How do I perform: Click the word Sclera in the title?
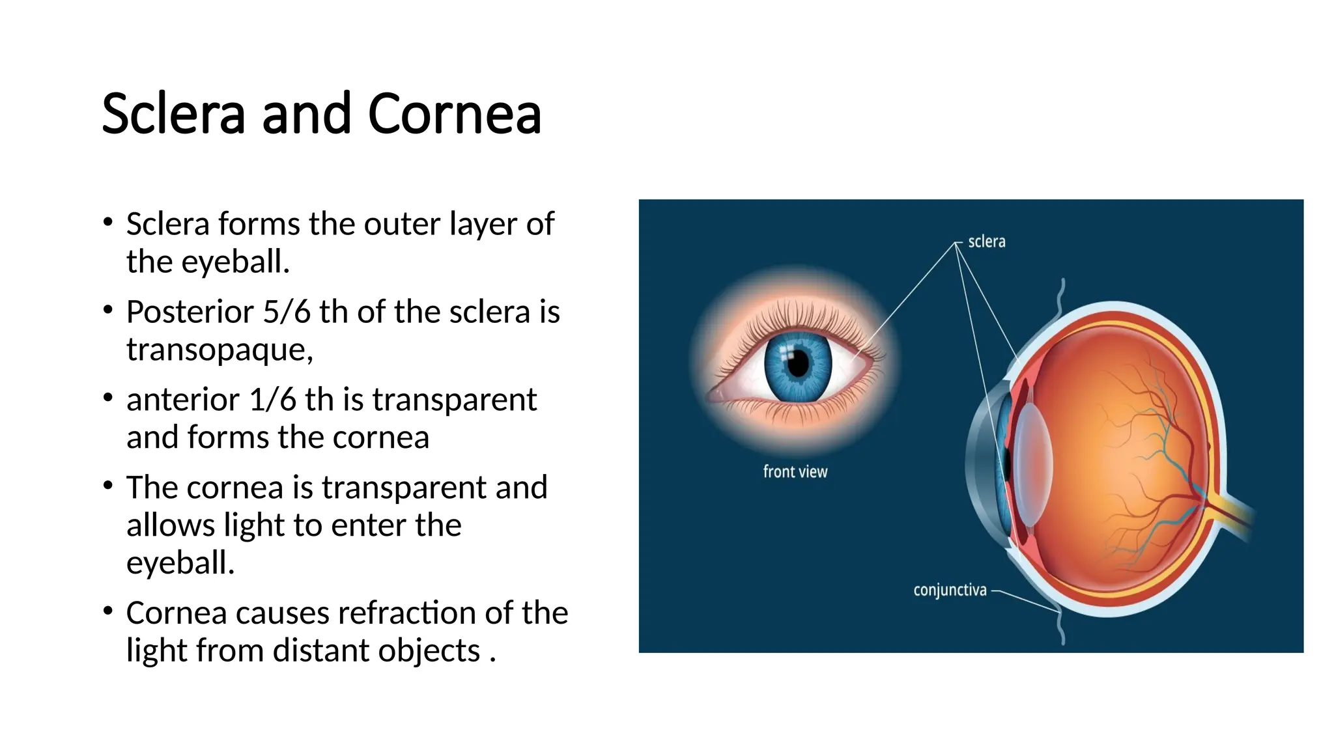pos(173,114)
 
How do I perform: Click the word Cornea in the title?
pos(454,114)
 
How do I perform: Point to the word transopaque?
pos(220,350)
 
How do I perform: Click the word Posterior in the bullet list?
pos(190,312)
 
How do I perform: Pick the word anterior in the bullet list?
pos(182,400)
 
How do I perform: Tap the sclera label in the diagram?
pos(986,242)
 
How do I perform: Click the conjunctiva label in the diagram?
pos(950,590)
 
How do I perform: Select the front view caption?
pos(795,472)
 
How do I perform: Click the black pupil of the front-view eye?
pos(799,363)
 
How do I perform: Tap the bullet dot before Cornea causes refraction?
pos(108,611)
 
